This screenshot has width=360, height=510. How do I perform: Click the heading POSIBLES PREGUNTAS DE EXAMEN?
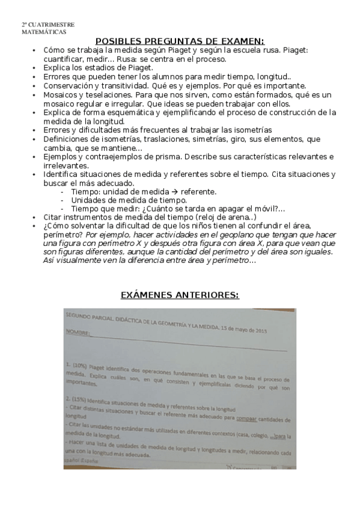click(x=180, y=39)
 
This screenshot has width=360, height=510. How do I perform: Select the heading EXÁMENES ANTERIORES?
click(x=180, y=295)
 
